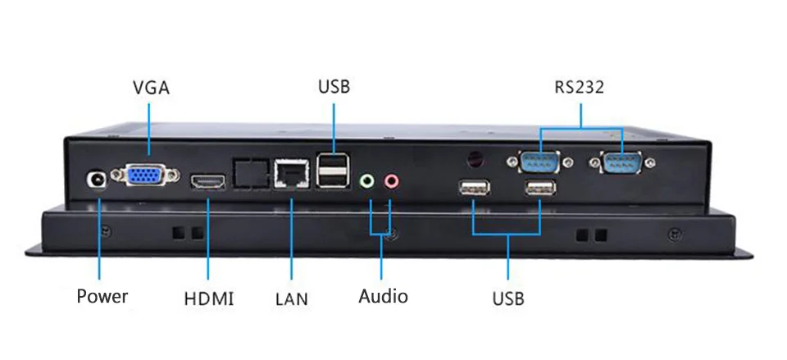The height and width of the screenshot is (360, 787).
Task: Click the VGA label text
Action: pyautogui.click(x=151, y=87)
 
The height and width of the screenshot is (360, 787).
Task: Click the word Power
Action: pyautogui.click(x=102, y=296)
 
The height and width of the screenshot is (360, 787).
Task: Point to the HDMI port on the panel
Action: pyautogui.click(x=208, y=182)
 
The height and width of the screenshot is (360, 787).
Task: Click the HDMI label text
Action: pyautogui.click(x=209, y=298)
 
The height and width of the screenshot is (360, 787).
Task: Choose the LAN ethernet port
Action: pyautogui.click(x=289, y=172)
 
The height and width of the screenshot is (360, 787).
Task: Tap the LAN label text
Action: pyautogui.click(x=291, y=298)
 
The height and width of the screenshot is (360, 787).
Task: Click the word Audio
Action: pyautogui.click(x=383, y=296)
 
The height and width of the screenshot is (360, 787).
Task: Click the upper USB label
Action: pyautogui.click(x=334, y=86)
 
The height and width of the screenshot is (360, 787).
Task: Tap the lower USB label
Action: pyautogui.click(x=508, y=298)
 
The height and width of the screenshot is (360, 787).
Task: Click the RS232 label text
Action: pyautogui.click(x=579, y=87)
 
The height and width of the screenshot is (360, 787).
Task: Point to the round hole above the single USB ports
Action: pyautogui.click(x=474, y=157)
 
